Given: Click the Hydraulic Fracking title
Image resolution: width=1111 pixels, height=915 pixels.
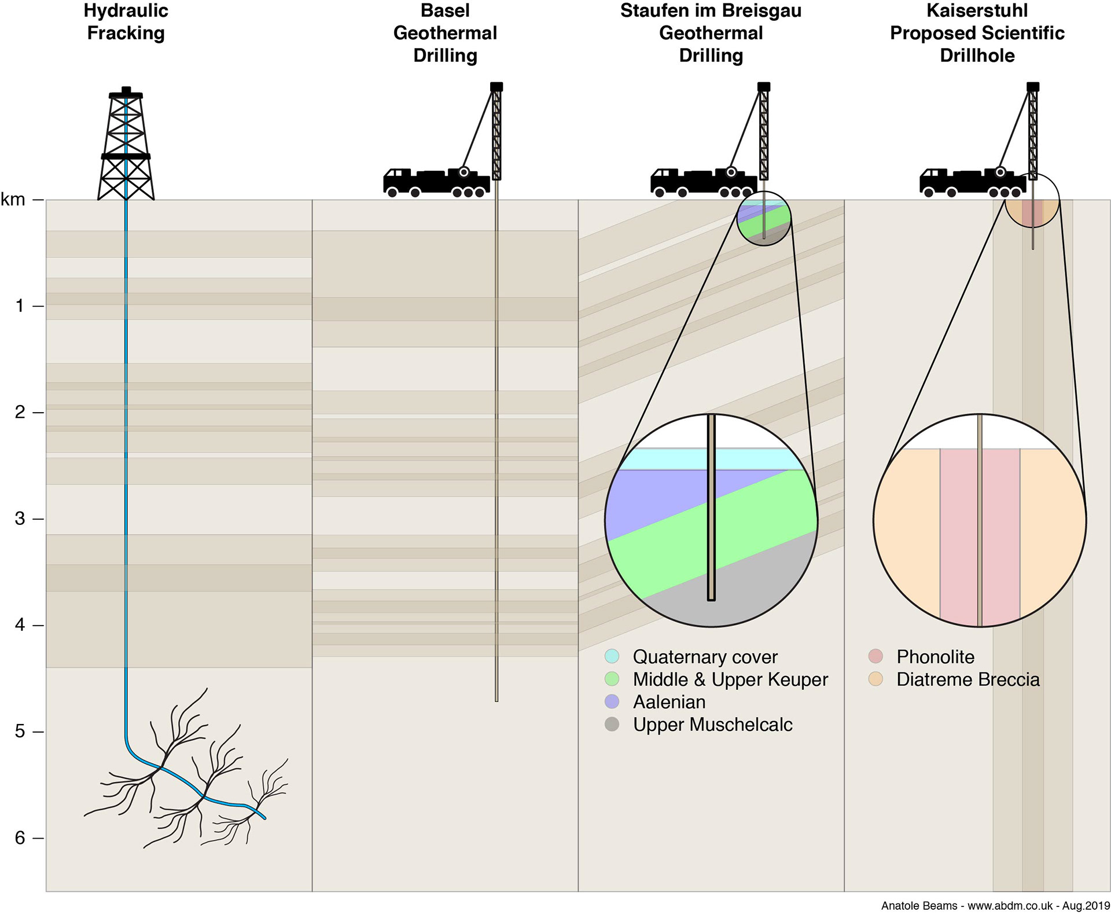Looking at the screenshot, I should point(126,22).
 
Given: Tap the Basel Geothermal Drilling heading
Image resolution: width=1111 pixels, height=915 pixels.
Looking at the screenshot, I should point(445,33).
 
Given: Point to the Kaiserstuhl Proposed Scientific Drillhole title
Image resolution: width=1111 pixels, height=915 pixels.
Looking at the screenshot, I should point(977,33).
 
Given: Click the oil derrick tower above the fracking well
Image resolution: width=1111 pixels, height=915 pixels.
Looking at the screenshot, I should point(126,145).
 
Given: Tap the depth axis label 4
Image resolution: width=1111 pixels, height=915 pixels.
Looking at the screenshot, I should point(20,625).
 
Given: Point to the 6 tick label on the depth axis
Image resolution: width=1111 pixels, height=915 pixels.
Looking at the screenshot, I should point(20,838).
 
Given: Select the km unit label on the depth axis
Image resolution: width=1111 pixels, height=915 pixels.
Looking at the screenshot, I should point(13,200).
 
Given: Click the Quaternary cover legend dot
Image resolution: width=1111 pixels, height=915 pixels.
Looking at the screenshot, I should point(612,656).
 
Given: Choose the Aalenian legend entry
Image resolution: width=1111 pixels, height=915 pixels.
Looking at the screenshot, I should point(669,702).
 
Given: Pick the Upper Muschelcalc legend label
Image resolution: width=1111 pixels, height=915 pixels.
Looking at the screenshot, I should point(712,725).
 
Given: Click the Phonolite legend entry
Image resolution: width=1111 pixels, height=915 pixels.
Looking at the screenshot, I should point(935,657).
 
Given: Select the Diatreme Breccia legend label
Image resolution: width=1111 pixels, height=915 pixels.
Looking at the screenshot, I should point(967,679).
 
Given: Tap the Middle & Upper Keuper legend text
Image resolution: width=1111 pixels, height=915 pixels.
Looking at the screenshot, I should point(730,679).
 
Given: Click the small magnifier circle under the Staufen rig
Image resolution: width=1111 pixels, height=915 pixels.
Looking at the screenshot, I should point(764,219).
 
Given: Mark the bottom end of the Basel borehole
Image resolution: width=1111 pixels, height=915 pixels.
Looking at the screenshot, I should point(496,700).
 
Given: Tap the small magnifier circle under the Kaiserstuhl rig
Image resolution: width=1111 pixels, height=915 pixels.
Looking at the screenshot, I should point(1032,200).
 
